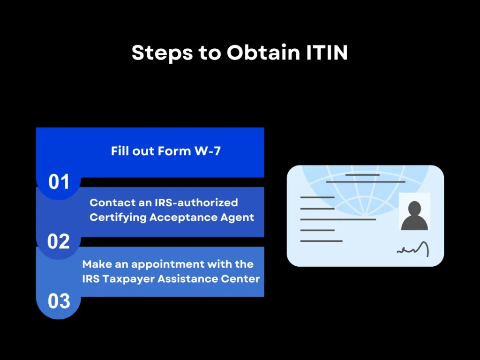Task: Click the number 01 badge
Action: [x=59, y=182]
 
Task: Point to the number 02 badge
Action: [x=59, y=241]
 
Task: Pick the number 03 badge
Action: [x=59, y=301]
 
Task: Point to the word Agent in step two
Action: [x=238, y=217]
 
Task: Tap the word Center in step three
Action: [x=242, y=278]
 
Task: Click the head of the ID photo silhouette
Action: [x=414, y=208]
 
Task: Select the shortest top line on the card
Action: [x=362, y=175]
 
